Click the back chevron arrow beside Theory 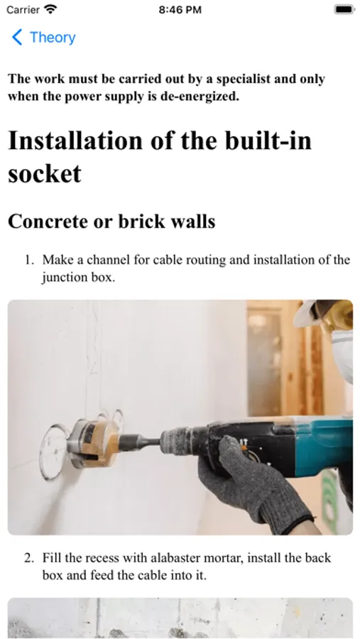17,37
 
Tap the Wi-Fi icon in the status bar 51,9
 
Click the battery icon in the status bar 344,9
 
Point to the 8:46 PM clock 180,10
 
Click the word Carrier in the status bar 23,9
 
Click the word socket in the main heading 45,174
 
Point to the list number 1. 29,260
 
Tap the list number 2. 29,558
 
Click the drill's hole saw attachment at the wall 94,442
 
